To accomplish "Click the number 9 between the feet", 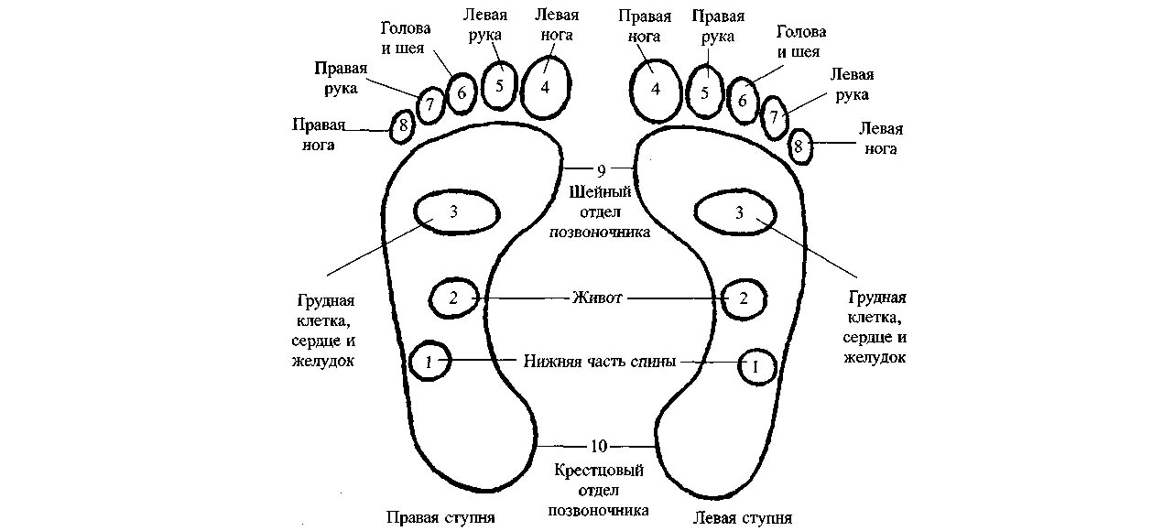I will pyautogui.click(x=600, y=169).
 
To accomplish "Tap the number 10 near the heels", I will pyautogui.click(x=598, y=447).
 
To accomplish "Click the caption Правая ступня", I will pyautogui.click(x=440, y=517).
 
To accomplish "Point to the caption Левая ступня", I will pyautogui.click(x=743, y=517).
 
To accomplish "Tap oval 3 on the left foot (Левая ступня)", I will pyautogui.click(x=739, y=213).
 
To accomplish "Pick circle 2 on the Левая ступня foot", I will pyautogui.click(x=744, y=298).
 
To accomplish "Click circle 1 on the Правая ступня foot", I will pyautogui.click(x=429, y=362).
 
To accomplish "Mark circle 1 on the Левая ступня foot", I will pyautogui.click(x=756, y=366).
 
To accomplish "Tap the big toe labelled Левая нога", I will pyautogui.click(x=546, y=87).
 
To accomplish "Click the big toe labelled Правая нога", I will pyautogui.click(x=656, y=90).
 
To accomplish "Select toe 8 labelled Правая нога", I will pyautogui.click(x=402, y=126).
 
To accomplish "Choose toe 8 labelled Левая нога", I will pyautogui.click(x=799, y=145).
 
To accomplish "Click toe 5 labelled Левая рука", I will pyautogui.click(x=499, y=86).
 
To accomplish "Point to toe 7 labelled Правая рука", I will pyautogui.click(x=429, y=105).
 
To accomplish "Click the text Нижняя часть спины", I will pyautogui.click(x=600, y=362).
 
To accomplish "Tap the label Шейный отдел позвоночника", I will pyautogui.click(x=599, y=212).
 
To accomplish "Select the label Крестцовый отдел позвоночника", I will pyautogui.click(x=599, y=490).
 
